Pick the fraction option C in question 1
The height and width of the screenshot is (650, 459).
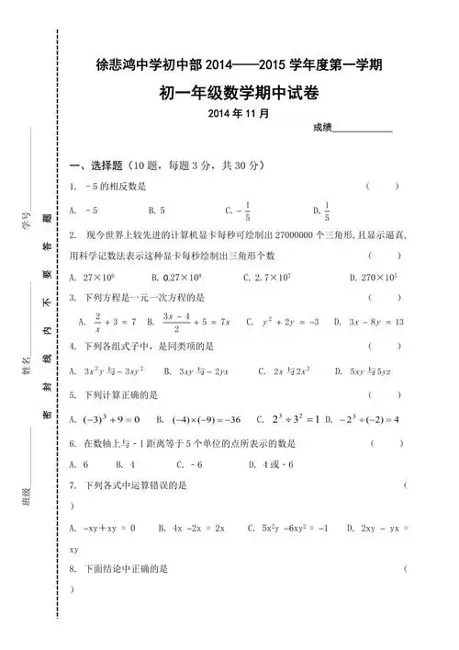tap(238, 210)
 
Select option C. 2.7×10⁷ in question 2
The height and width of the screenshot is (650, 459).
tap(267, 276)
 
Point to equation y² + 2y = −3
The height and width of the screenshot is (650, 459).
tap(289, 322)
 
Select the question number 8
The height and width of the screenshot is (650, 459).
tap(73, 569)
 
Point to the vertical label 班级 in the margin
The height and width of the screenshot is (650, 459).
tap(28, 497)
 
